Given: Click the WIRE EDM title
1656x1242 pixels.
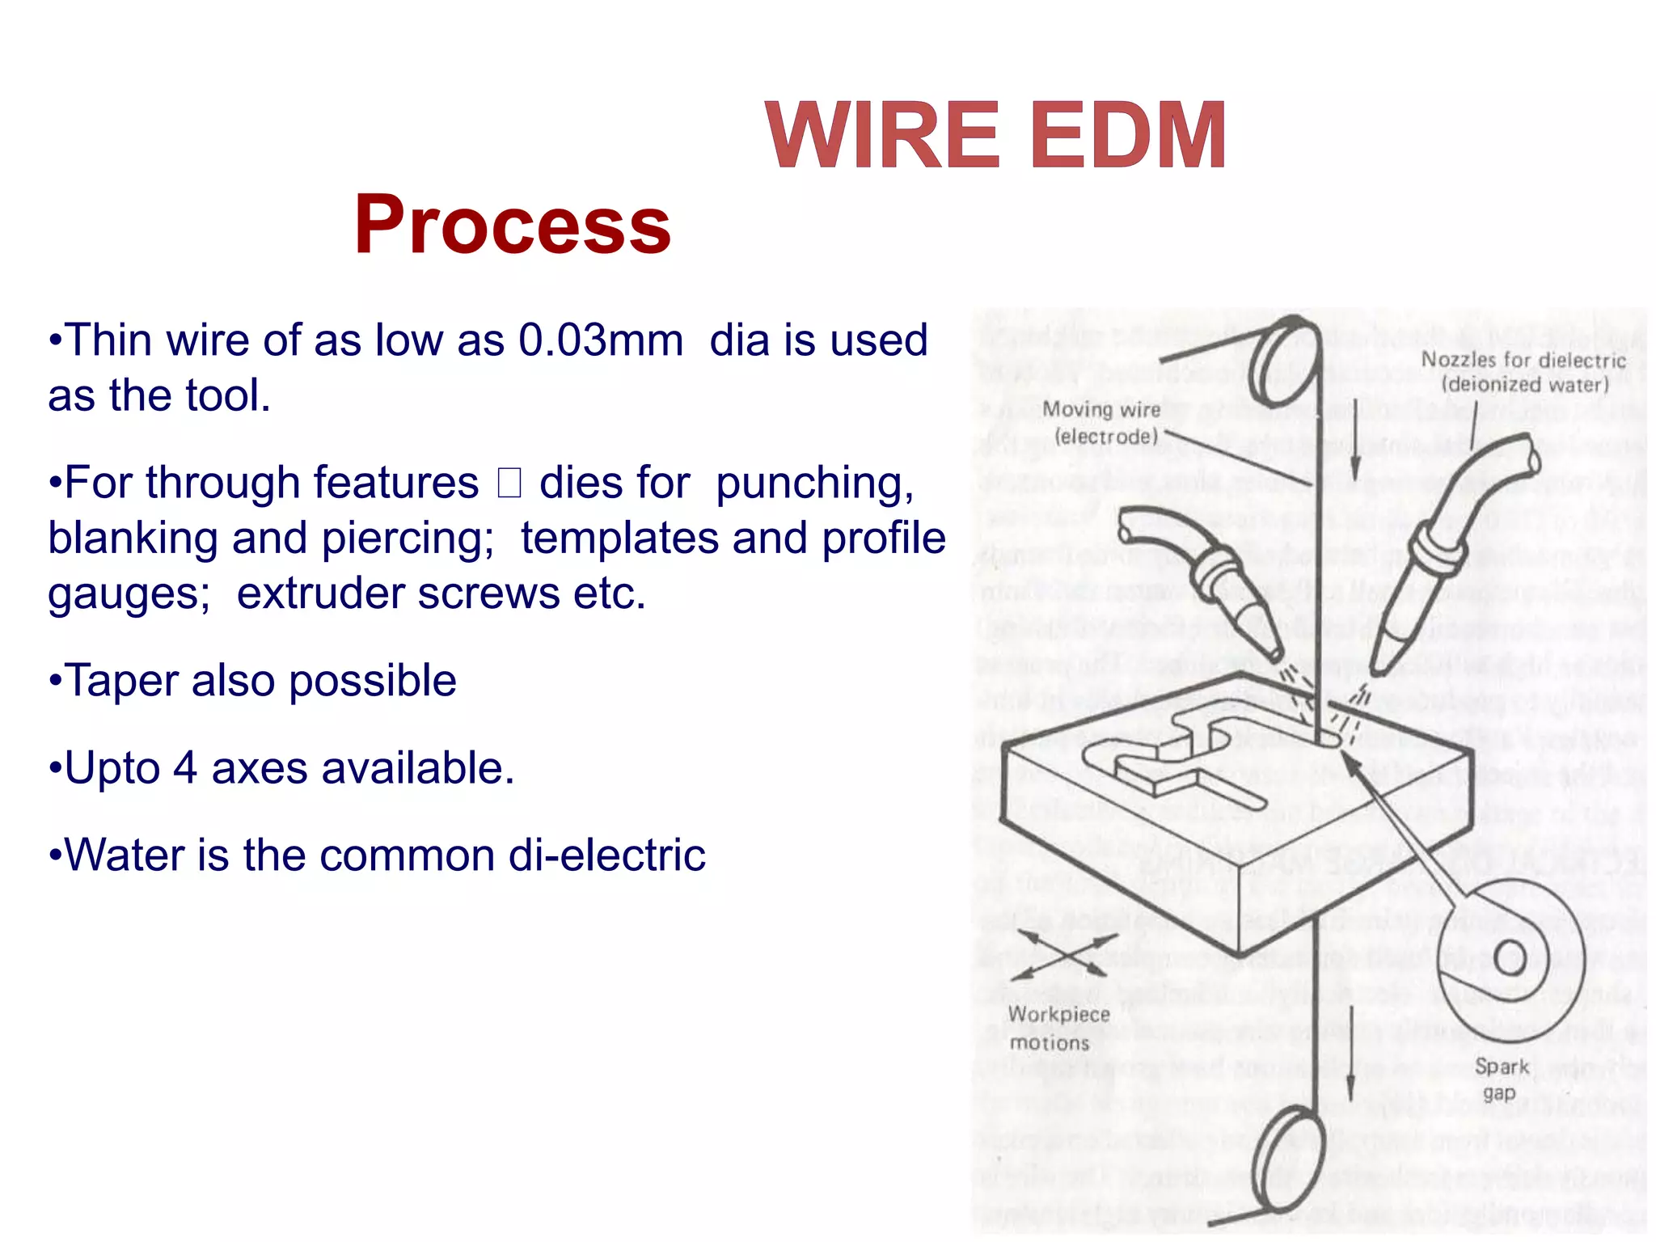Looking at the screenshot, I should [995, 136].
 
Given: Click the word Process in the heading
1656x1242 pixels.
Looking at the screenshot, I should [512, 225].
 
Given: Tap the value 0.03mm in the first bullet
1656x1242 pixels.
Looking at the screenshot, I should [600, 340].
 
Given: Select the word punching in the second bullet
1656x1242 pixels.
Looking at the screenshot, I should [814, 483].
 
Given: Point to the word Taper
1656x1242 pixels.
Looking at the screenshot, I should [120, 680].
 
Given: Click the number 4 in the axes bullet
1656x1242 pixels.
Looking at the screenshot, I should [184, 768].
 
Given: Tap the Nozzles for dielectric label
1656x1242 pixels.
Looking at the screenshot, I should [1523, 372].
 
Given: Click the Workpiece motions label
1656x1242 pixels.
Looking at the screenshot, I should [1058, 1028].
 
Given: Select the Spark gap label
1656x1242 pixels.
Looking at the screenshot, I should [1501, 1079].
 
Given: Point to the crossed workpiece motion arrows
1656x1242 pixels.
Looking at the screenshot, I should [1063, 955].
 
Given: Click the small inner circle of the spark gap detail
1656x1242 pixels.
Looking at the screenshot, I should [1509, 958].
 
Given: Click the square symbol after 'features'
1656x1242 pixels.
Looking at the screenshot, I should [509, 484].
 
